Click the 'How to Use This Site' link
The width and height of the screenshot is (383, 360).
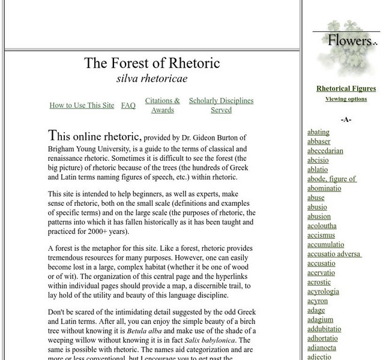82,106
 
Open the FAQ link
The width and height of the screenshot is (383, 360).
128,106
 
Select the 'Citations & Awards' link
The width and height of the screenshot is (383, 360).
162,106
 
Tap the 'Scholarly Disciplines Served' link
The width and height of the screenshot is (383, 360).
221,106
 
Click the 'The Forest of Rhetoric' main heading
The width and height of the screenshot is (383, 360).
152,63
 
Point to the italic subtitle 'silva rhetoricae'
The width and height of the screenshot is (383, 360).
152,79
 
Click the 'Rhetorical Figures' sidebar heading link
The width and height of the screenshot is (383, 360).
346,89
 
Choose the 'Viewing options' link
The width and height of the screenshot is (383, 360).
346,99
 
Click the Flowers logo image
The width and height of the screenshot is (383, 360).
346,48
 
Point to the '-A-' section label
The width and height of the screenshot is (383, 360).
346,119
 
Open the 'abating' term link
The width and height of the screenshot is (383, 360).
318,132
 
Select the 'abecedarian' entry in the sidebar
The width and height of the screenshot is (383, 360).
325,151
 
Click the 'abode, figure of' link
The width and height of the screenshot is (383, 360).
331,179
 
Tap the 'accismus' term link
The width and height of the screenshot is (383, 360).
321,235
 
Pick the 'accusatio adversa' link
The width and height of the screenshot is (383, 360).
334,254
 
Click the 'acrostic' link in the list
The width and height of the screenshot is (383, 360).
319,282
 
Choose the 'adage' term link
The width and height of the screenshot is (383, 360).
316,310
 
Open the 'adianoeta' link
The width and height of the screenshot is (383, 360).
322,347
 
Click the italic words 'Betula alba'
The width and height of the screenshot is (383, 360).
145,331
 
